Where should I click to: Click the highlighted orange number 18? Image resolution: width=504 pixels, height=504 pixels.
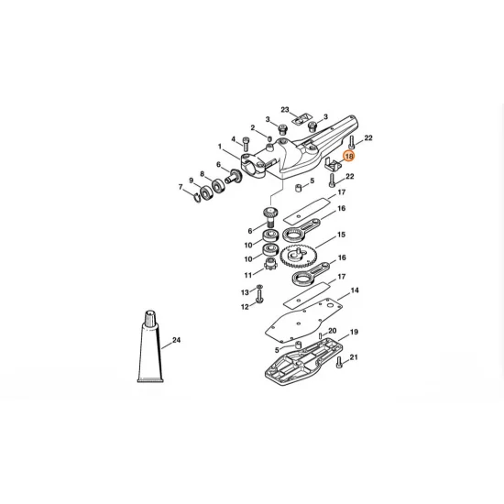[x=348, y=157]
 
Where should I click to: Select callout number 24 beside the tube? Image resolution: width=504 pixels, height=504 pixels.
[x=177, y=341]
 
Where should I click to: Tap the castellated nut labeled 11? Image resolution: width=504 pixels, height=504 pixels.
[x=270, y=267]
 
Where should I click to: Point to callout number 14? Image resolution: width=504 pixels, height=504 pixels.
[x=354, y=290]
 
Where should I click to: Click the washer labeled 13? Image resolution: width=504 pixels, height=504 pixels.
[x=260, y=290]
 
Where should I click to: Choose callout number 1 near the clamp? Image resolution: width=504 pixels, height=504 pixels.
[x=220, y=147]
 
